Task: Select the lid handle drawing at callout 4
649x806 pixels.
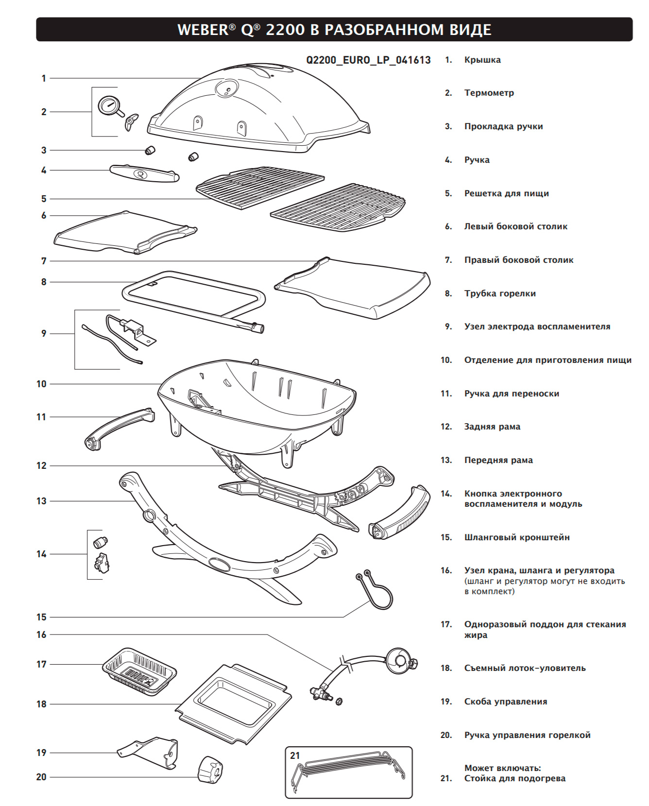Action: pos(144,173)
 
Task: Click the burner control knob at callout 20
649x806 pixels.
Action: pos(210,770)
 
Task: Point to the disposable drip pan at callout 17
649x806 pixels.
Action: pos(139,669)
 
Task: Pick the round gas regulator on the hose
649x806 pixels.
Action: pos(400,661)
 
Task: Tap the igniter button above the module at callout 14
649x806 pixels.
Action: pos(100,541)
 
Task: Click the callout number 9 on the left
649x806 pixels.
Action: pos(44,333)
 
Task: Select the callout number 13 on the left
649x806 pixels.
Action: pos(41,501)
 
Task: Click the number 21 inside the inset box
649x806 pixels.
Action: pos(295,755)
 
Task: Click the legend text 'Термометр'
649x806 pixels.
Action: pos(489,93)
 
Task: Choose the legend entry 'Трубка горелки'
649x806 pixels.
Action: pos(500,293)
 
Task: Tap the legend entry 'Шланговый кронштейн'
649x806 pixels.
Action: pos(517,537)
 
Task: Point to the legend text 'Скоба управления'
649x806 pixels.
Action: pos(506,702)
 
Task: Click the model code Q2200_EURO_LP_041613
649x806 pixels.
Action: pos(368,60)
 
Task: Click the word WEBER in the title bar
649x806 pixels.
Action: pos(203,30)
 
